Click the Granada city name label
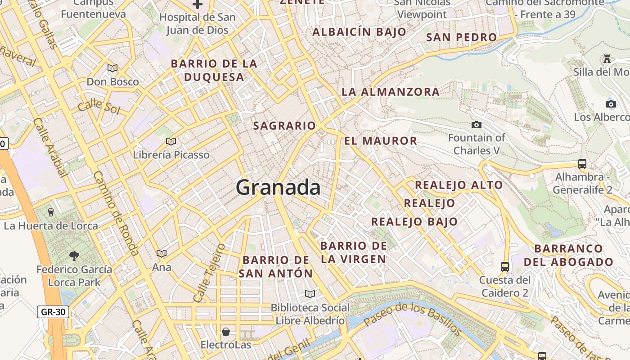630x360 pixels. (x=278, y=187)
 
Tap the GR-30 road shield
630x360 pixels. (x=53, y=311)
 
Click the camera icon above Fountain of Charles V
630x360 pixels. (x=476, y=125)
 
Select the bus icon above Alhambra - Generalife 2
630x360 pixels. (x=582, y=163)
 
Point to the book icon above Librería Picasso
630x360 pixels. (x=171, y=141)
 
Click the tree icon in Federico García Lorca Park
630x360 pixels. (x=74, y=256)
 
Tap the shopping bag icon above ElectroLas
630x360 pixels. (x=225, y=332)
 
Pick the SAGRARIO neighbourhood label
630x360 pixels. (x=284, y=126)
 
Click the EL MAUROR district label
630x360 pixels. (x=381, y=141)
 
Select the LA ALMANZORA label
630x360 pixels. (x=391, y=92)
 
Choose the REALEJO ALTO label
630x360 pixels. (x=459, y=185)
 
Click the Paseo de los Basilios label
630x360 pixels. (x=412, y=320)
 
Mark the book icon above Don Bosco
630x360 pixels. (x=112, y=68)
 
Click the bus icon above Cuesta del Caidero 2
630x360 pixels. (x=505, y=266)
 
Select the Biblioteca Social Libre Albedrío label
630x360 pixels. (x=310, y=314)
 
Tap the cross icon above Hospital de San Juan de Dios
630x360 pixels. (x=197, y=4)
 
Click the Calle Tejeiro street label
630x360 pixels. (x=208, y=273)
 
